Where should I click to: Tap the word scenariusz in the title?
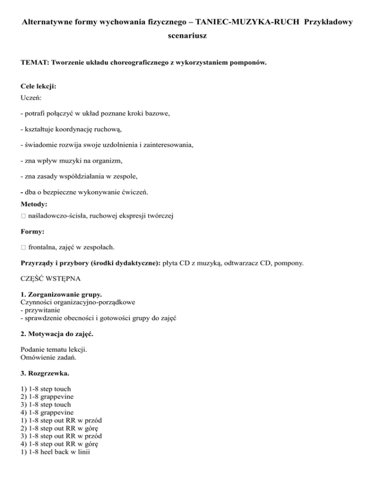[185, 36]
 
